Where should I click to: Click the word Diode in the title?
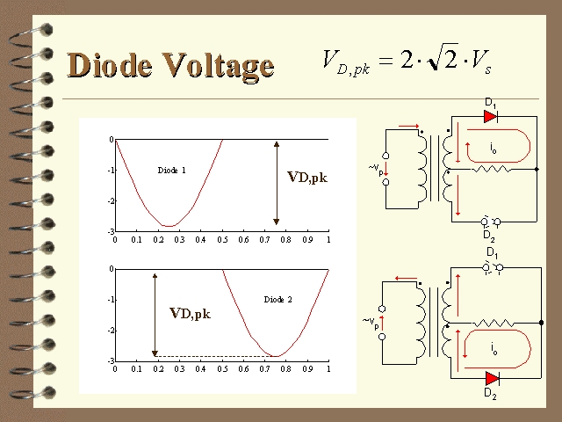pos(109,64)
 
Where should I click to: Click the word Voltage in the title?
pos(219,67)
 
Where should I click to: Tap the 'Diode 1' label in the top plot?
pos(172,170)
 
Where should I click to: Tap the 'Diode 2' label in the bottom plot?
pos(277,299)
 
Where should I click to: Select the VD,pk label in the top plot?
pos(307,178)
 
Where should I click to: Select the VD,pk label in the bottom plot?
pos(190,313)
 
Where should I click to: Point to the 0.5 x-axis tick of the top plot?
pos(222,239)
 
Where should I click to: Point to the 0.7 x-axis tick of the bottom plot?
pos(264,368)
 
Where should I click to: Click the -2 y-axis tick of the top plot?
pos(111,201)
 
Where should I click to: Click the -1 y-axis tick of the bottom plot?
pos(111,300)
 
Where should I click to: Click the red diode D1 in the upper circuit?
pos(490,116)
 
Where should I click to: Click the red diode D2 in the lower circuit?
pos(493,378)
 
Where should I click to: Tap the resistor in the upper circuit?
pos(491,169)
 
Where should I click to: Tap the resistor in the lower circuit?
pos(494,323)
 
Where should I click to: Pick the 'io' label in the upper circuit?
pos(494,148)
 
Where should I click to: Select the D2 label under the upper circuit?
pos(489,236)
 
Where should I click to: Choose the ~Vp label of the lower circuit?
pos(371,322)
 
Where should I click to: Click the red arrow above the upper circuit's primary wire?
pos(408,126)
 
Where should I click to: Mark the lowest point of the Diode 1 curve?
pos(169,226)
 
